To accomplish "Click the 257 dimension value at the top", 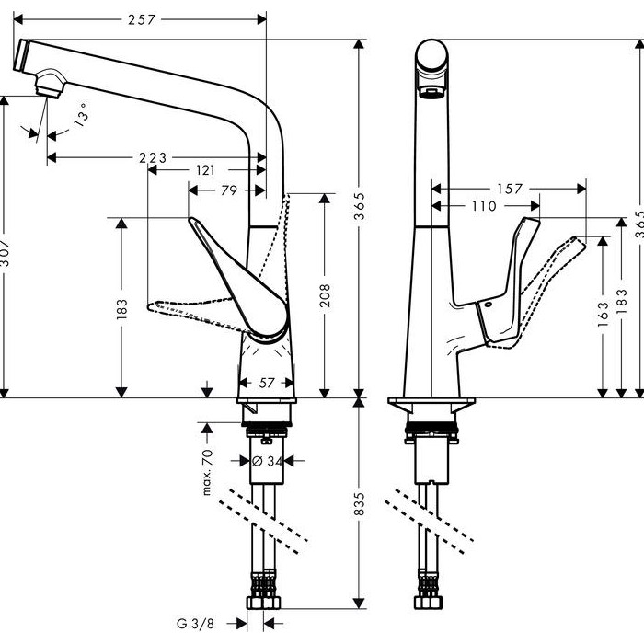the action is pyautogui.click(x=142, y=19).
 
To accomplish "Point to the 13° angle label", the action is pyautogui.click(x=81, y=114).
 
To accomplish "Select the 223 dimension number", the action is pyautogui.click(x=153, y=157).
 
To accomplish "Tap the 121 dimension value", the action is pyautogui.click(x=205, y=169).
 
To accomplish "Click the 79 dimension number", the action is pyautogui.click(x=229, y=190).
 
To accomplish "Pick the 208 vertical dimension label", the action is pyautogui.click(x=325, y=295).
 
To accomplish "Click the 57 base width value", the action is pyautogui.click(x=266, y=383).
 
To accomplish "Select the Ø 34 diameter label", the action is pyautogui.click(x=267, y=461).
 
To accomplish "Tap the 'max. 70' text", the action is pyautogui.click(x=208, y=472).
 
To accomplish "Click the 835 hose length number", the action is pyautogui.click(x=359, y=503).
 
